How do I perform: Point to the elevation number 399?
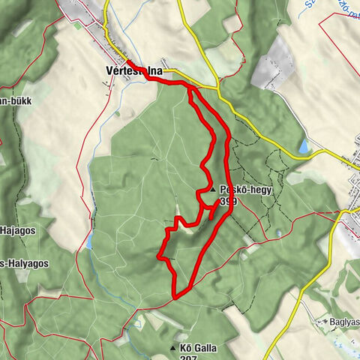[229, 202]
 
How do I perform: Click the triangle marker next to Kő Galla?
[173, 348]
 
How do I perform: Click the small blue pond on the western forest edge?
[88, 240]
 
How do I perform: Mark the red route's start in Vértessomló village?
[127, 63]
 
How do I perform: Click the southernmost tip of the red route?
[174, 297]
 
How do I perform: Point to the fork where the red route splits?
[190, 88]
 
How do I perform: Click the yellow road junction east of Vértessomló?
[218, 94]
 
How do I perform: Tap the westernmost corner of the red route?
[157, 257]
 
